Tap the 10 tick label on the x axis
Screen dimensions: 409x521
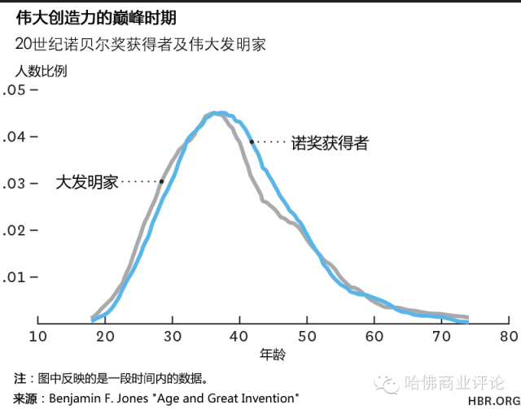point(38,336)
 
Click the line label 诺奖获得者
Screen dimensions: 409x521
point(330,144)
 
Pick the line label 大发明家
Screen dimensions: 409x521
point(87,182)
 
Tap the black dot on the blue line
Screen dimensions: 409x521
point(252,141)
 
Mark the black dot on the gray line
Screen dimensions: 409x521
point(161,181)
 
